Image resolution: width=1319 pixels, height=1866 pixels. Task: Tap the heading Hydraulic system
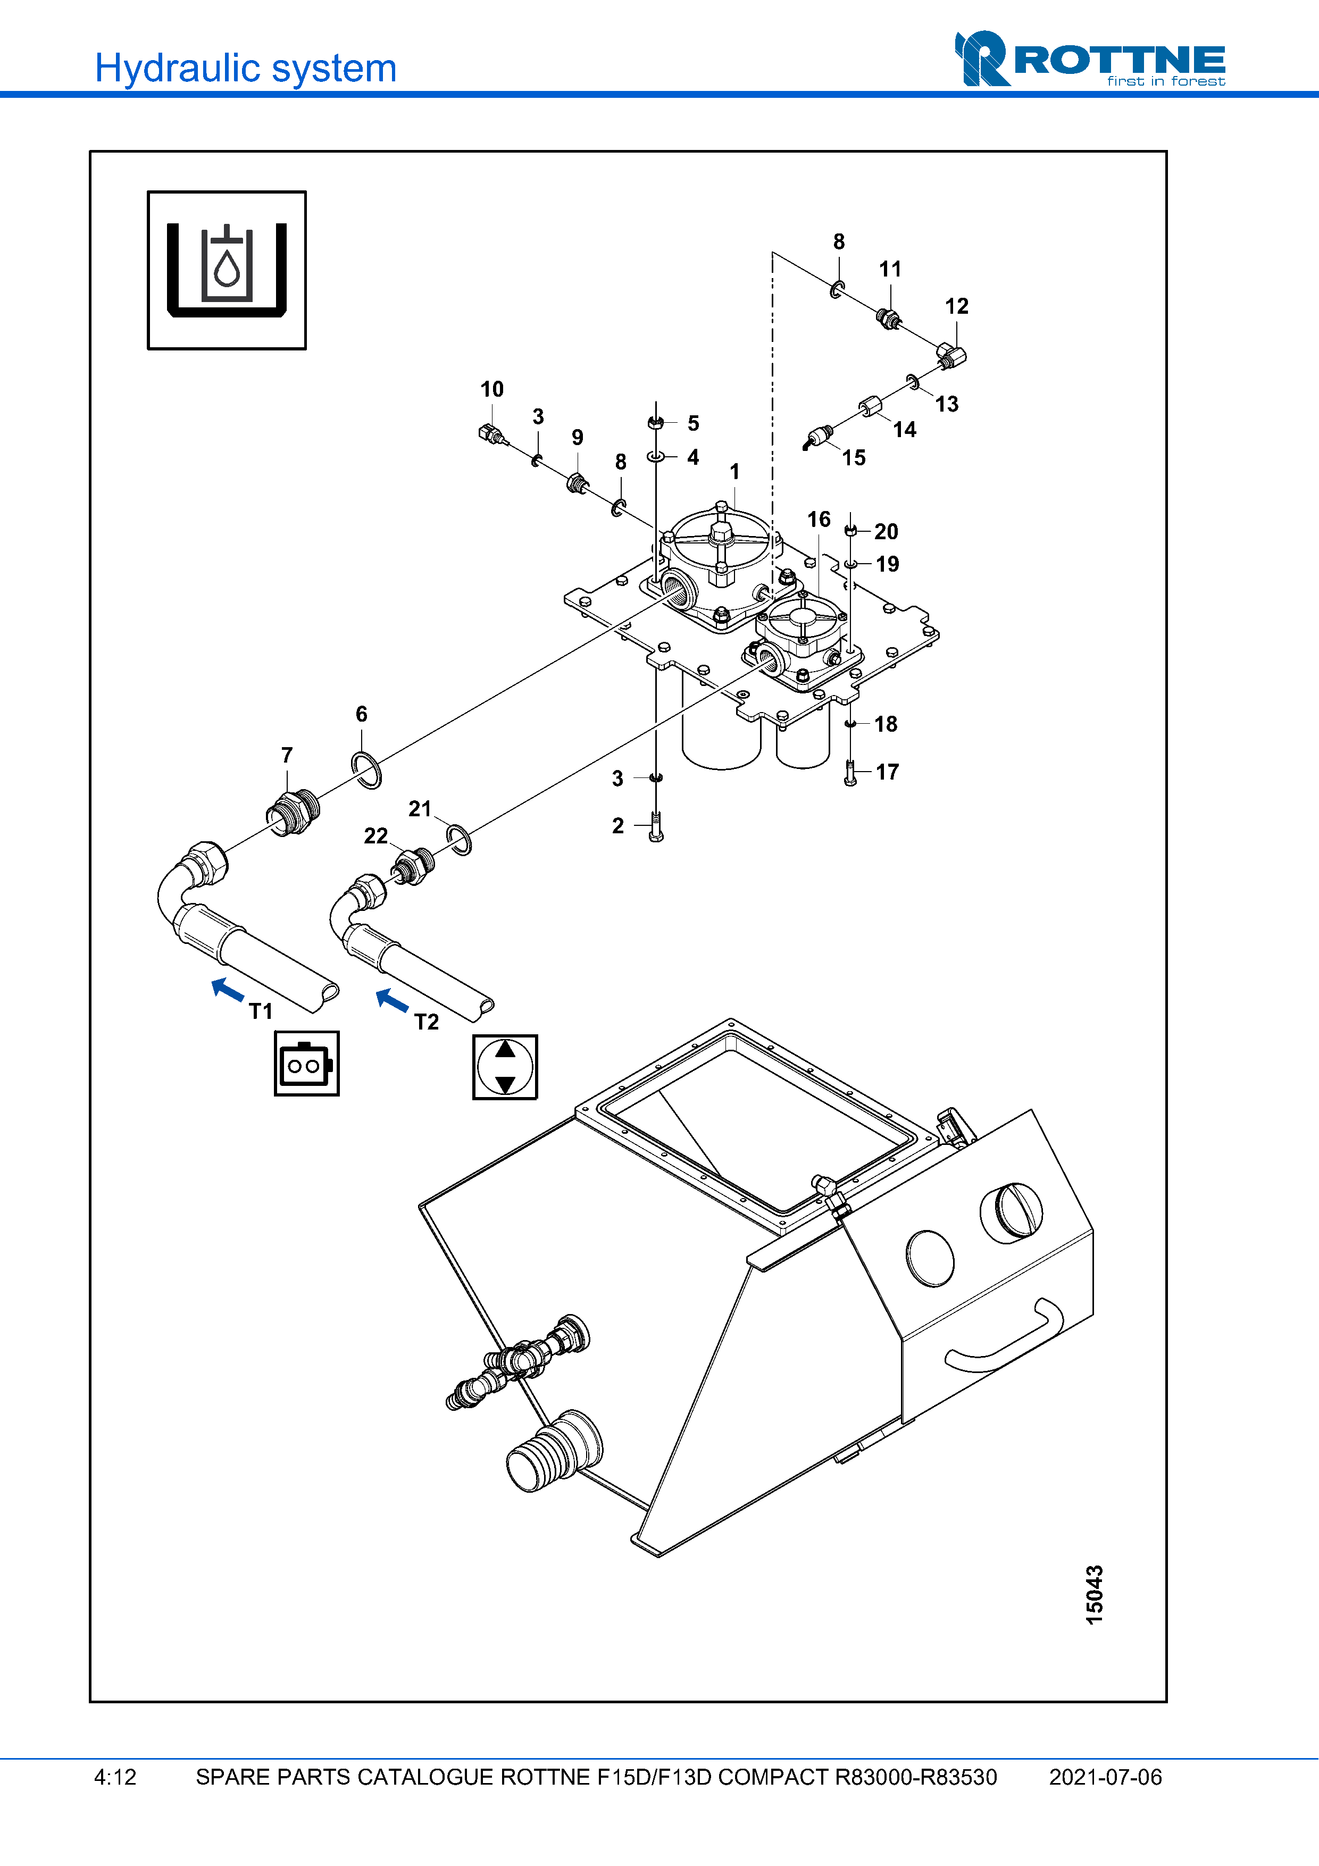click(245, 68)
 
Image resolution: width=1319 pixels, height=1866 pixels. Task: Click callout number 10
click(491, 389)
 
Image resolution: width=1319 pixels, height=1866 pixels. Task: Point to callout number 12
click(956, 306)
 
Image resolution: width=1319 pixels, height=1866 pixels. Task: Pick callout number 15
click(853, 457)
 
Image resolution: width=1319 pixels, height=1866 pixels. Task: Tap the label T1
click(261, 1011)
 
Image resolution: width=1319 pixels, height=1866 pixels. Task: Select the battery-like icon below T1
click(306, 1064)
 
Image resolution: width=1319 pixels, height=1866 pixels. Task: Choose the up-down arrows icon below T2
click(505, 1067)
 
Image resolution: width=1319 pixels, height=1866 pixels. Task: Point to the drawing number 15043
click(1095, 1595)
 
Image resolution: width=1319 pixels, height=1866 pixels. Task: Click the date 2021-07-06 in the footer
click(1105, 1777)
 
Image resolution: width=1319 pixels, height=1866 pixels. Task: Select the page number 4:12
click(115, 1777)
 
